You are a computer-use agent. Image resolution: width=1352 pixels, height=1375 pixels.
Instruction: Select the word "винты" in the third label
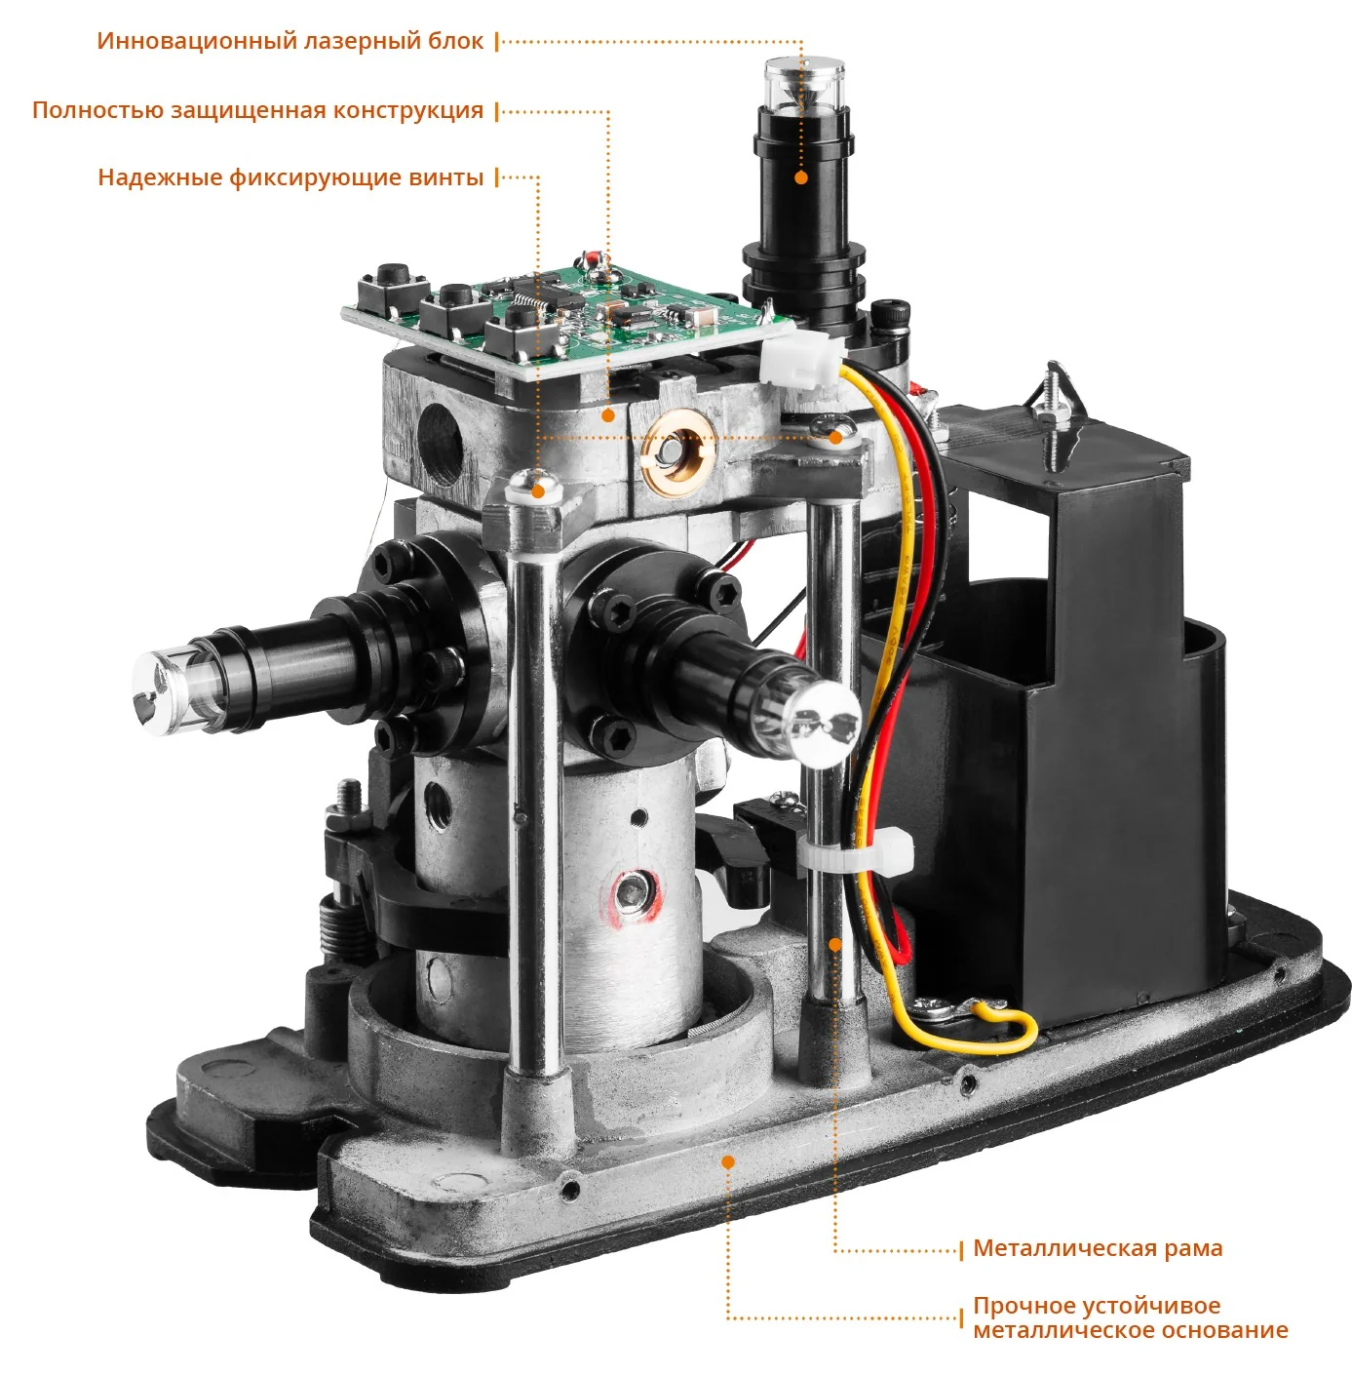pyautogui.click(x=445, y=177)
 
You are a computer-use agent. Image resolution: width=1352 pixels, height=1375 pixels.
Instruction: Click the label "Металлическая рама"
pyautogui.click(x=1098, y=1248)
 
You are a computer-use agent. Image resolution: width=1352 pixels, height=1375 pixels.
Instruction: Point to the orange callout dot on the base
pyautogui.click(x=728, y=1162)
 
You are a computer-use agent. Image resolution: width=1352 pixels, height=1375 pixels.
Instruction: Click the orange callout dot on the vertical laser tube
pyautogui.click(x=801, y=177)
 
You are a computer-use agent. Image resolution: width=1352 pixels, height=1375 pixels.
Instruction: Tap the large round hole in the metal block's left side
pyautogui.click(x=441, y=445)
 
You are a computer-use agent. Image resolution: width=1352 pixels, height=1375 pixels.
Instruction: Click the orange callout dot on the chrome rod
pyautogui.click(x=834, y=944)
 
